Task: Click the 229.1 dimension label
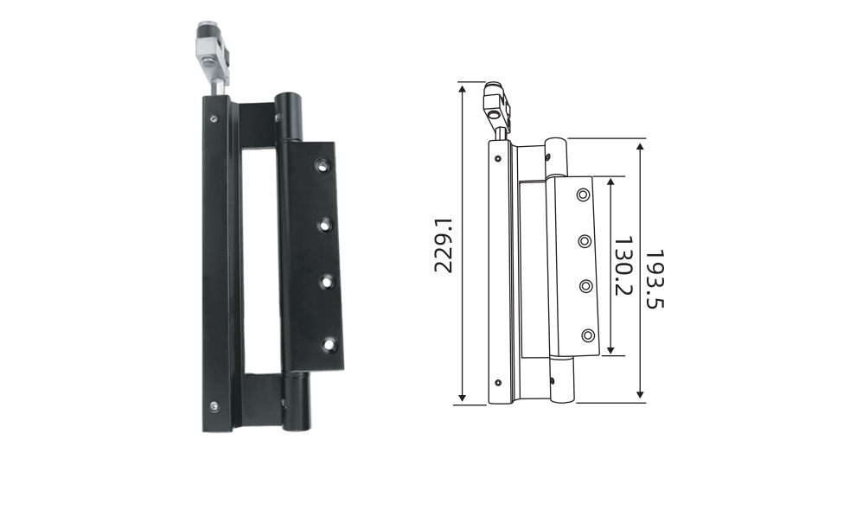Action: click(443, 245)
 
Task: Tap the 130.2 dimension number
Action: click(623, 265)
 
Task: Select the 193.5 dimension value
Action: click(655, 278)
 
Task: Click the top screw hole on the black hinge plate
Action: click(323, 165)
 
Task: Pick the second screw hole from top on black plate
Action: click(325, 225)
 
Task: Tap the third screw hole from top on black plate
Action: click(327, 283)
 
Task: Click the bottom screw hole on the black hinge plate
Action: click(329, 345)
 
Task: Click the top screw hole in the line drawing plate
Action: click(584, 194)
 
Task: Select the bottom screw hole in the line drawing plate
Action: click(588, 335)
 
